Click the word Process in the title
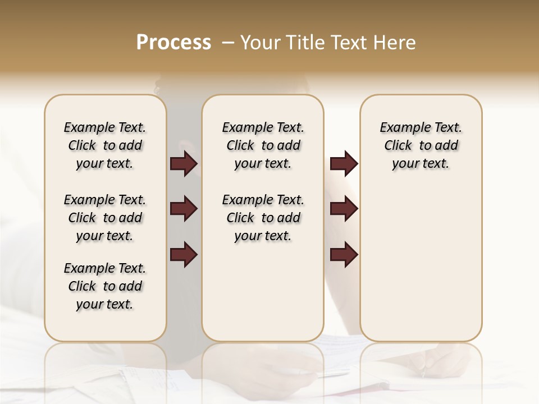click(173, 43)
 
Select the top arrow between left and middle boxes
click(184, 164)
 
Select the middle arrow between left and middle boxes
click(184, 209)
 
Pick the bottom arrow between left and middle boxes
click(184, 254)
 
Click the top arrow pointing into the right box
click(344, 164)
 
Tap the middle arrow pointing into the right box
click(344, 209)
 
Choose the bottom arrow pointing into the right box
click(344, 254)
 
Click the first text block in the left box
click(105, 145)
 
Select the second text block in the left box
click(105, 218)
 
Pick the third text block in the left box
click(105, 286)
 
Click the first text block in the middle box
click(263, 145)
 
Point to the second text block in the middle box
click(263, 218)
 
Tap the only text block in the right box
click(421, 145)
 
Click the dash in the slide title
click(227, 43)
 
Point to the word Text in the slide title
click(348, 43)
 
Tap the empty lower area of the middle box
click(263, 292)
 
